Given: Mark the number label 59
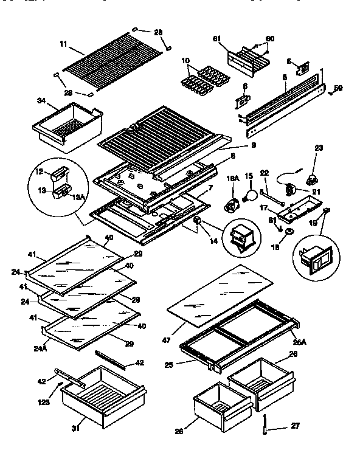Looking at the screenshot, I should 338,88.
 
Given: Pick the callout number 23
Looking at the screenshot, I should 318,147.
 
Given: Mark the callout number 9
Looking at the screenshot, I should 235,146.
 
